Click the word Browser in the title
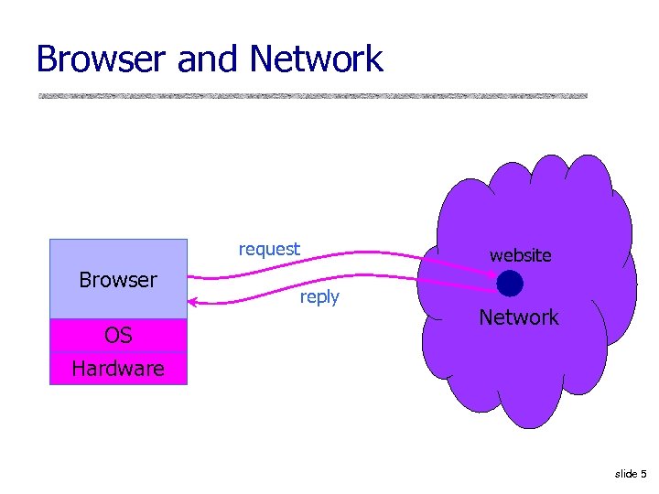(x=103, y=59)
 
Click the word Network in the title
(x=316, y=59)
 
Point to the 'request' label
(x=269, y=249)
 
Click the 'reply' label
(x=319, y=296)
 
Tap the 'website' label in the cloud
(x=520, y=255)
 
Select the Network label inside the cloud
(x=519, y=317)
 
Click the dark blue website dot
(x=510, y=284)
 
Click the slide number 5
(x=643, y=474)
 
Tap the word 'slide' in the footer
(x=626, y=474)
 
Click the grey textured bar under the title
(x=312, y=95)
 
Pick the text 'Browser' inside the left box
(x=118, y=279)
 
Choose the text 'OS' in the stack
(x=118, y=335)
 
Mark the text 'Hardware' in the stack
(x=118, y=370)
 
